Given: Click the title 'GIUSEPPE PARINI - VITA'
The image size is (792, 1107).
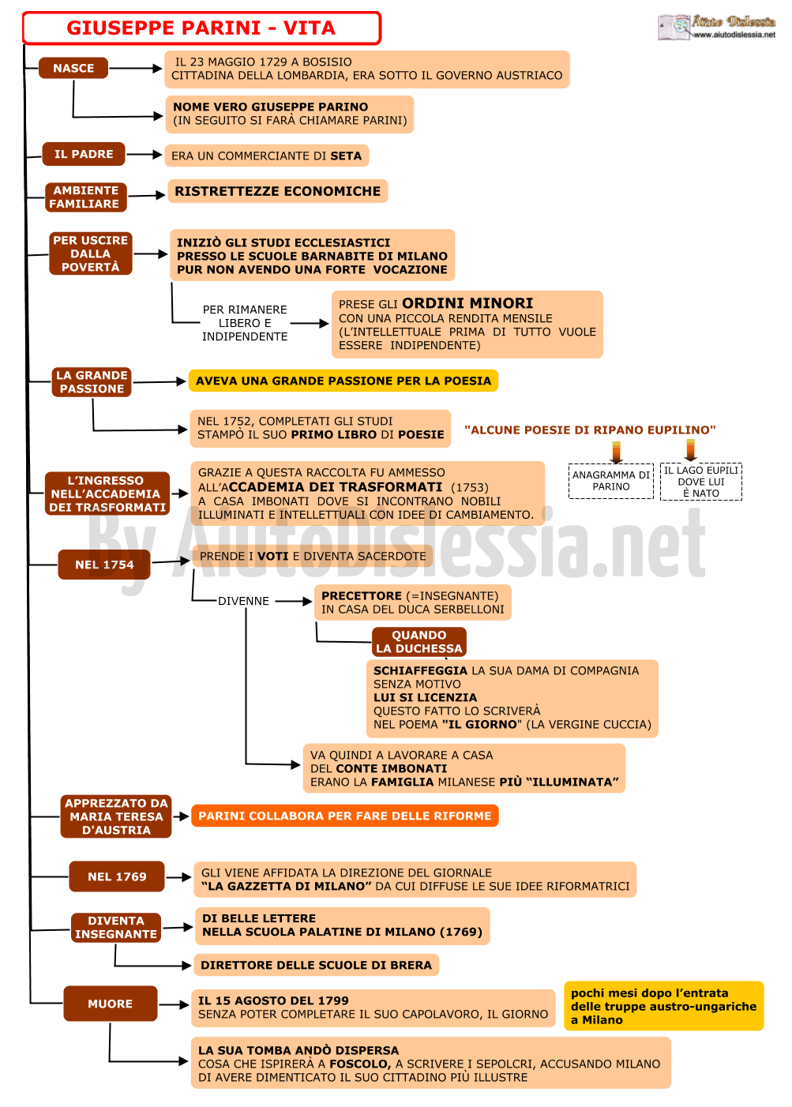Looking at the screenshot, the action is click(201, 28).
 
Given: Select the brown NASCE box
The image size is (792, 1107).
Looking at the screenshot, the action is click(73, 68).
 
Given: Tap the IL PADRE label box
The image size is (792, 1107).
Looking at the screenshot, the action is click(84, 154).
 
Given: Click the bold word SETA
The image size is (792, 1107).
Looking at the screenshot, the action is click(346, 156).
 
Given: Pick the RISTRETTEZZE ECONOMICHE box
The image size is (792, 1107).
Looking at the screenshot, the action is click(278, 191).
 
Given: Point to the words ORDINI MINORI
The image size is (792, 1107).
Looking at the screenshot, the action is click(467, 303).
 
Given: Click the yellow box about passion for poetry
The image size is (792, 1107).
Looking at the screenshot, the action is click(343, 381).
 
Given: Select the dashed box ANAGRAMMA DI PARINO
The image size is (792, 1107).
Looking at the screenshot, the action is click(611, 481).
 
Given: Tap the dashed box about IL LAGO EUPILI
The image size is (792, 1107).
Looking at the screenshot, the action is click(701, 482).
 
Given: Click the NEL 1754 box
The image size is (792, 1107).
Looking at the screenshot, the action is click(104, 565).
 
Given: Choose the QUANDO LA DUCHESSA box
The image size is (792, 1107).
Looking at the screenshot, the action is click(419, 641).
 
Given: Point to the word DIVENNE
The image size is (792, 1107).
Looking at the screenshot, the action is click(243, 601).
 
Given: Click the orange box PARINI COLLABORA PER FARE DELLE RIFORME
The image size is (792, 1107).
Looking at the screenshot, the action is click(345, 816).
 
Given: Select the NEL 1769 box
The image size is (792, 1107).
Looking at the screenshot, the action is click(117, 876).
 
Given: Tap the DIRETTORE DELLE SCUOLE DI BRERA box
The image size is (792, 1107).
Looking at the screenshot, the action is click(316, 965).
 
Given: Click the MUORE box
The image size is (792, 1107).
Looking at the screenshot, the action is click(111, 1004).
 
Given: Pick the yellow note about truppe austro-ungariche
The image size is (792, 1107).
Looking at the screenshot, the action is click(663, 1006).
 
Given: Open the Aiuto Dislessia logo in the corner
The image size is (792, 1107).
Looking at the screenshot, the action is click(716, 27).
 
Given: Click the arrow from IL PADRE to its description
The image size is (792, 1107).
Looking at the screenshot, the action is click(144, 155).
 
